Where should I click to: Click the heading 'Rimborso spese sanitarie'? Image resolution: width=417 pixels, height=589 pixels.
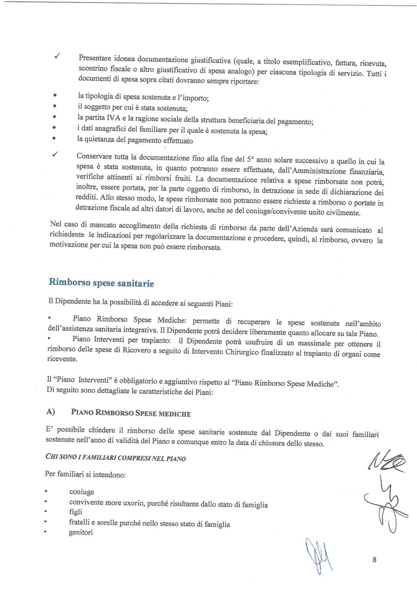[101, 283]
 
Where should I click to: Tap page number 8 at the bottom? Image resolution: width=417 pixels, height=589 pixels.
[374, 560]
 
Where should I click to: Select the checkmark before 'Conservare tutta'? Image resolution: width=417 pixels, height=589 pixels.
[55, 154]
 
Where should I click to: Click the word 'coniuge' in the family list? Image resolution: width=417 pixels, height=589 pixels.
[81, 492]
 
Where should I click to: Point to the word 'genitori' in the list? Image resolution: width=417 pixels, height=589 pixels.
[81, 532]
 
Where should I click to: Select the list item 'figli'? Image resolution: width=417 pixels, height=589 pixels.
[76, 512]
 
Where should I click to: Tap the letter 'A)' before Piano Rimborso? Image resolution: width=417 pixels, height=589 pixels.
[50, 412]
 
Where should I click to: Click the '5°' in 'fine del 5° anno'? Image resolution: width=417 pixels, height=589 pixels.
[250, 159]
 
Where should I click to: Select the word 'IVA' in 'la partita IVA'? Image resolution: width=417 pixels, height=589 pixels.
[113, 118]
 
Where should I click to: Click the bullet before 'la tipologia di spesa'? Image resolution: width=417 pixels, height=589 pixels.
[55, 95]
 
